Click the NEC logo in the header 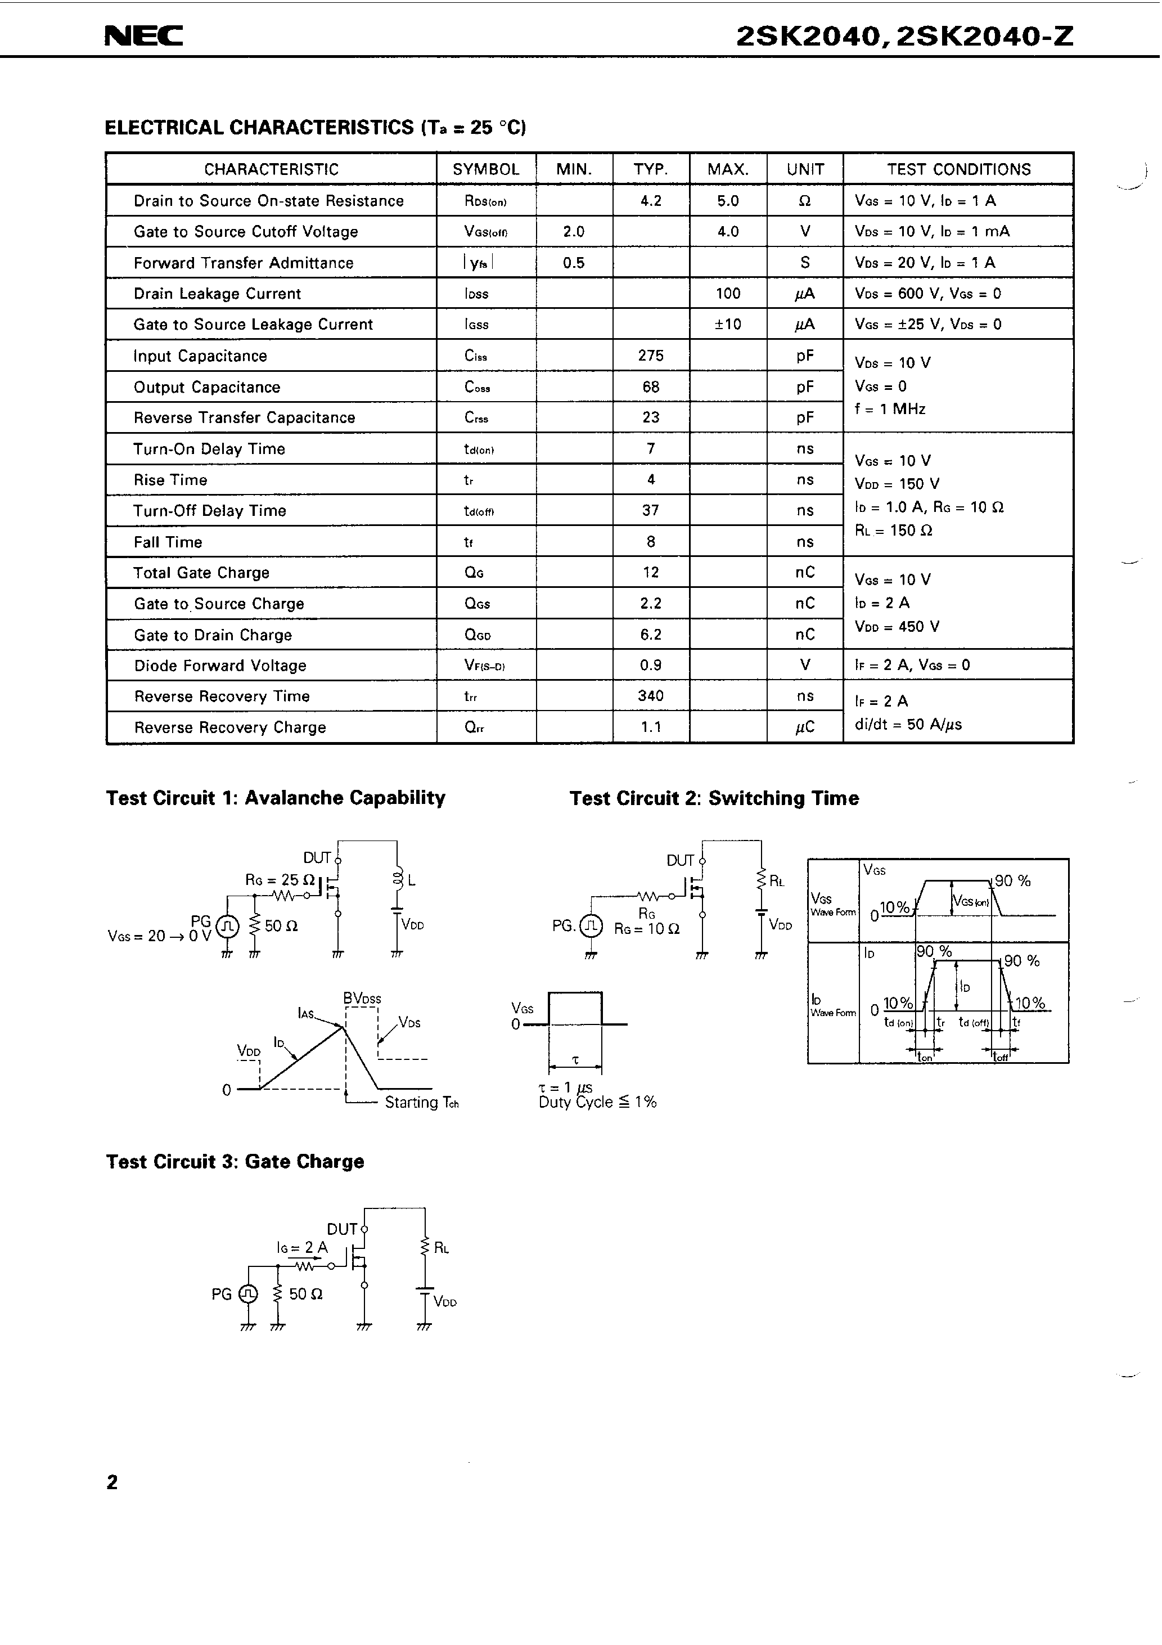click(143, 36)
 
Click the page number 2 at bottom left click(112, 1482)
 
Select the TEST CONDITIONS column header click(958, 170)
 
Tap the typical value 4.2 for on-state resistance click(651, 201)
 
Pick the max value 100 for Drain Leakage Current click(727, 293)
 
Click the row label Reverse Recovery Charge click(230, 727)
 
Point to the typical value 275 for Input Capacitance click(651, 356)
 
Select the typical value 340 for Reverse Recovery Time click(651, 696)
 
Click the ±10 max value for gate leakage click(727, 324)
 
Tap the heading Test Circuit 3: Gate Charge click(235, 1161)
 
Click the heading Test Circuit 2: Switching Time click(714, 798)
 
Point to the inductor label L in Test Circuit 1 click(411, 880)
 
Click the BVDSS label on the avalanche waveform click(362, 998)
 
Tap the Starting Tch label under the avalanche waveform click(421, 1103)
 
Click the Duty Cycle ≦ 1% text click(597, 1103)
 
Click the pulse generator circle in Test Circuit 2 click(591, 927)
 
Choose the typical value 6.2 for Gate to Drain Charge click(651, 634)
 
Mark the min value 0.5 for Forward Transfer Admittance click(573, 263)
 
